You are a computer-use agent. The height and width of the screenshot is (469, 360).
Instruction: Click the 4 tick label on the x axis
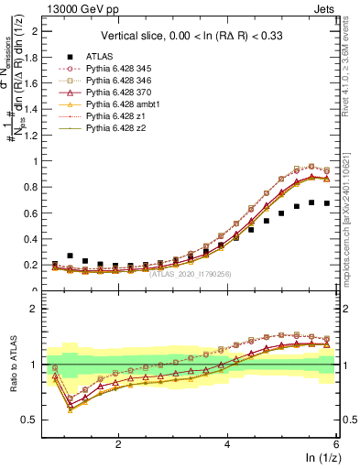227,444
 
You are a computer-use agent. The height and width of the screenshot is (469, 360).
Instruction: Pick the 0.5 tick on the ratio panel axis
37,420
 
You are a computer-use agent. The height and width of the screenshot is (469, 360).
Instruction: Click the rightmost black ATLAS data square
327,203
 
